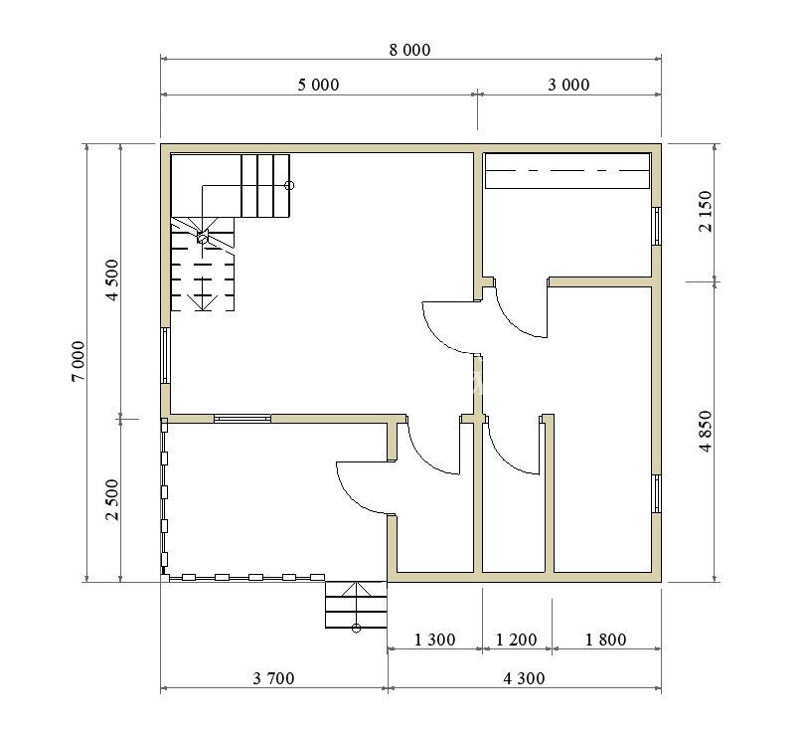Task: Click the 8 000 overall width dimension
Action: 409,51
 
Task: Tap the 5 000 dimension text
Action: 318,85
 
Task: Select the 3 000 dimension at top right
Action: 568,85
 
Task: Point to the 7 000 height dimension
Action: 79,361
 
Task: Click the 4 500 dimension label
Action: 112,279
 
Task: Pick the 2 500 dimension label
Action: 112,500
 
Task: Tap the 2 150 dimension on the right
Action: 706,212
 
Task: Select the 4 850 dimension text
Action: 706,431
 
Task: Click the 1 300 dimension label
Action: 434,640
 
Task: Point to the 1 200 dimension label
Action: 517,640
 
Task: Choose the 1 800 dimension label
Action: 605,640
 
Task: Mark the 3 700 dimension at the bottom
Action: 274,678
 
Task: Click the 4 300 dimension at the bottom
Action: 524,678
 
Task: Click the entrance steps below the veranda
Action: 356,605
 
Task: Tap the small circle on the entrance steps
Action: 356,628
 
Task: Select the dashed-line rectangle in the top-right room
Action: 567,171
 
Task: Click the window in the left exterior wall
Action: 165,356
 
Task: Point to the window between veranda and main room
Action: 242,419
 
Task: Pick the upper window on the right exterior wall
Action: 656,227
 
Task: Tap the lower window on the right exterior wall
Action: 656,493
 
